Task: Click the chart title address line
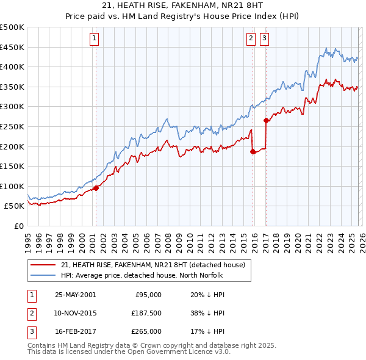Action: (x=183, y=5)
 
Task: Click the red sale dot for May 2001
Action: (x=96, y=188)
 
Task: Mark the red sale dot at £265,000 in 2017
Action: (x=266, y=120)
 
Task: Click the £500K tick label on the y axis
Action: (x=12, y=27)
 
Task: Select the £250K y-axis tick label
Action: (x=12, y=126)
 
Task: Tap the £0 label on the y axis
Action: (x=18, y=226)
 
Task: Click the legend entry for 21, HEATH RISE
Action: (x=152, y=265)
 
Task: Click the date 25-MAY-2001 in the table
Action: (x=75, y=295)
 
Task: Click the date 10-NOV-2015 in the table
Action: (x=75, y=313)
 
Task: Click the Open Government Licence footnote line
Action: (x=129, y=352)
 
